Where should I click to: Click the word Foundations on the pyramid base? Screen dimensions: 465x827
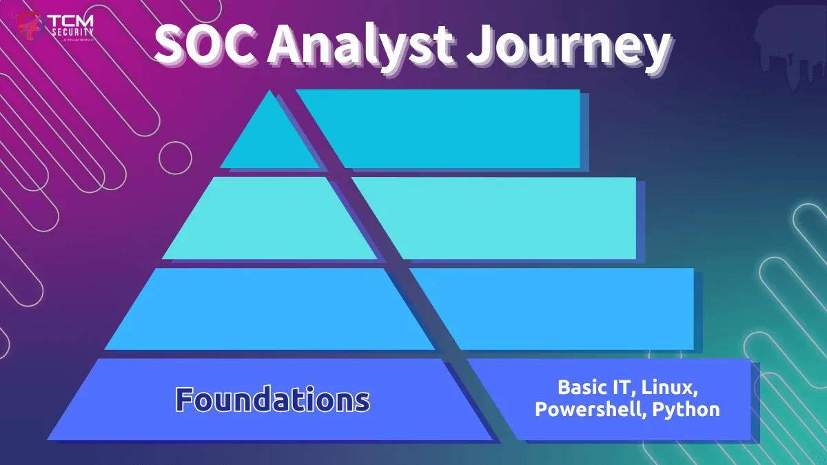pos(272,400)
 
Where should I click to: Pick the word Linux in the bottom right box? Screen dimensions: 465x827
pos(671,386)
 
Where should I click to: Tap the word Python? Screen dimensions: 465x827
pos(686,409)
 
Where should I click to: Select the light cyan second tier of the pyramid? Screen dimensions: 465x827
pos(269,219)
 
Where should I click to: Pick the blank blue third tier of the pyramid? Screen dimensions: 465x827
pos(269,309)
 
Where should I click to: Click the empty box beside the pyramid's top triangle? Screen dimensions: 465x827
pos(455,129)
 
